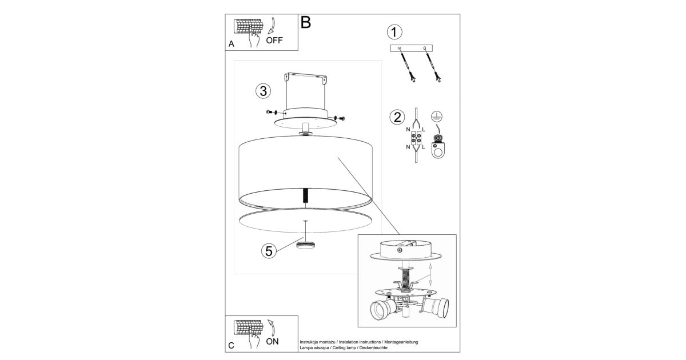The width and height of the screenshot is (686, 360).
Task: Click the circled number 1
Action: click(x=394, y=32)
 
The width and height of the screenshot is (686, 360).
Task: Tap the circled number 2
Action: click(x=397, y=117)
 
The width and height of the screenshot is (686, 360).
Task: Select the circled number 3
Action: click(x=264, y=91)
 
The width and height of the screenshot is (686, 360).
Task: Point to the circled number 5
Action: click(x=269, y=251)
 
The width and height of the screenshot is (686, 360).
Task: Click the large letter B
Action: click(x=306, y=22)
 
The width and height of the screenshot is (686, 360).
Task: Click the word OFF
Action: click(x=274, y=41)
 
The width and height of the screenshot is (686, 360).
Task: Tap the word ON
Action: click(x=272, y=342)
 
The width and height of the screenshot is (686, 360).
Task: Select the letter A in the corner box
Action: click(x=231, y=44)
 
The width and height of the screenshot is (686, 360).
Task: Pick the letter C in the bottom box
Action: click(x=231, y=346)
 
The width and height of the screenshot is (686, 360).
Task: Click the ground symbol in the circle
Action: click(x=436, y=117)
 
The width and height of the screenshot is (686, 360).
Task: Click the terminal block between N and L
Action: click(x=416, y=138)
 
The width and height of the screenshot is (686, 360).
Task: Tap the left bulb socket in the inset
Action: click(x=383, y=308)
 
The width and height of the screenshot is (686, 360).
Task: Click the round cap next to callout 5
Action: click(x=306, y=245)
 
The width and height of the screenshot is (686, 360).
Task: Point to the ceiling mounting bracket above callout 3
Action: click(x=306, y=78)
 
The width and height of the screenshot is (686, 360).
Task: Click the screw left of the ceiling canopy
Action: click(x=271, y=113)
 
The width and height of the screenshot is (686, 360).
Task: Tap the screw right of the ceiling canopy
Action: click(x=340, y=118)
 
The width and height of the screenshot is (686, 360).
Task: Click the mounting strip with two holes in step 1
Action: click(x=411, y=48)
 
